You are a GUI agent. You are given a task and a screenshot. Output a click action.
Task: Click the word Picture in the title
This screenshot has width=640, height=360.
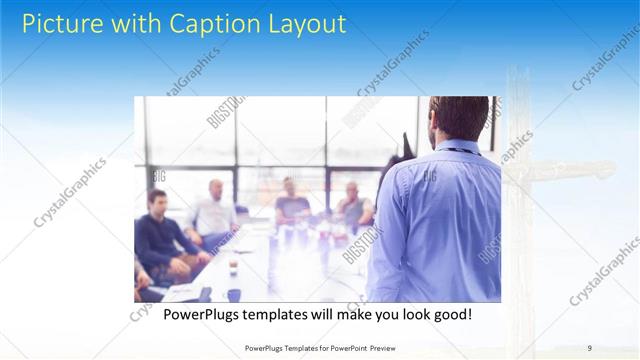59,23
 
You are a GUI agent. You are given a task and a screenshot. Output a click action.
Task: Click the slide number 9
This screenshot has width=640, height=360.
589,347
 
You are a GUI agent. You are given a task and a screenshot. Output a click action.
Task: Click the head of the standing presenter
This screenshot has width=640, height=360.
458,118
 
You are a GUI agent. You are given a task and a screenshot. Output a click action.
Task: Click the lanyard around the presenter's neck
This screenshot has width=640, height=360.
462,150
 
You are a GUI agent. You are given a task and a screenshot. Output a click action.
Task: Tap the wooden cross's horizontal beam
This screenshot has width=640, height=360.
560,171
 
